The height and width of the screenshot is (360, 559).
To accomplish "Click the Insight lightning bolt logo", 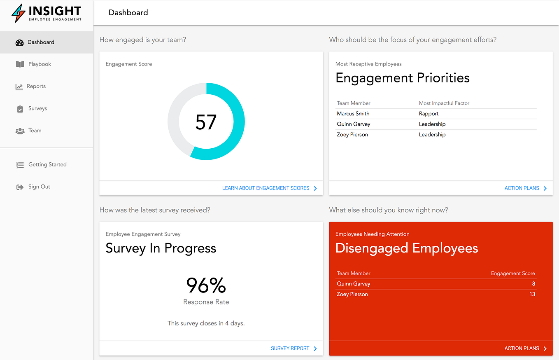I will click(x=18, y=13).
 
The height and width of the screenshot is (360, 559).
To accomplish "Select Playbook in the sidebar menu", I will click(x=40, y=64).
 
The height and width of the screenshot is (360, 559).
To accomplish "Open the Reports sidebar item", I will click(x=36, y=86).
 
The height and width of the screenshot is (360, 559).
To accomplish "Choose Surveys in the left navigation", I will click(x=37, y=109).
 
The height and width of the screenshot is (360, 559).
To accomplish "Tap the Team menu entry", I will click(x=35, y=131).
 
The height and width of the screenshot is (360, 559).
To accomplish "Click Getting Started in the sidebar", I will click(x=47, y=165).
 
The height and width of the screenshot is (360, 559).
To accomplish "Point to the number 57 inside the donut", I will click(x=206, y=122).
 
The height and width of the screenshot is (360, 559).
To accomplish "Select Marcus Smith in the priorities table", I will click(x=353, y=114).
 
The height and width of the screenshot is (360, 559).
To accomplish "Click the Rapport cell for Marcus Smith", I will click(x=429, y=114).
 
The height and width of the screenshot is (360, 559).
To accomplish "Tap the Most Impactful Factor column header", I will click(x=444, y=103).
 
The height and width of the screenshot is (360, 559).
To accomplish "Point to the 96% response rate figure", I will click(x=206, y=285).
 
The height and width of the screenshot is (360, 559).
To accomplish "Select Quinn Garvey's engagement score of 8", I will click(x=533, y=284).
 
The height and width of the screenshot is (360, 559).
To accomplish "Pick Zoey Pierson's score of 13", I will click(x=532, y=295).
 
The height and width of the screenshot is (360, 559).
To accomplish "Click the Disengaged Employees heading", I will click(x=407, y=248).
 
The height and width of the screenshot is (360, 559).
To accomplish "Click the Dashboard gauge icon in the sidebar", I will click(x=19, y=42).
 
